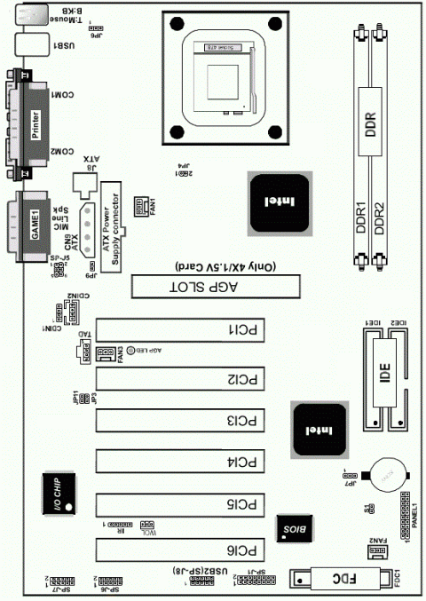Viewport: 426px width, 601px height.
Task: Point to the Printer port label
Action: point(35,122)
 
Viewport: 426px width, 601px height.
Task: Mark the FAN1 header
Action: point(141,207)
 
